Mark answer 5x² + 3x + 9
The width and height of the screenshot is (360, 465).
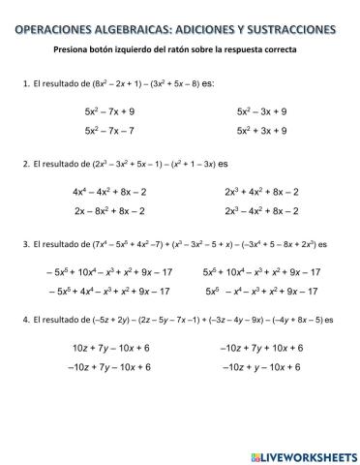tap(261, 130)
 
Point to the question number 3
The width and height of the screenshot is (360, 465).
tap(24, 243)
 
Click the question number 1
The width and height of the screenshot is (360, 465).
tap(24, 84)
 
